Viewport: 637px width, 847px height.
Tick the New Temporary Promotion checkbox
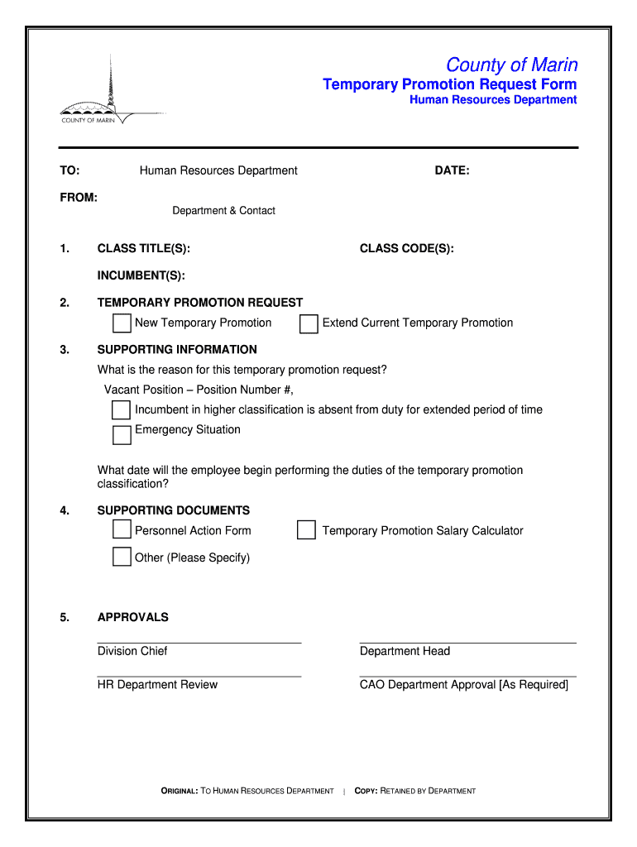122,323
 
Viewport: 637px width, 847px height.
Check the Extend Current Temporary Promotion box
309,323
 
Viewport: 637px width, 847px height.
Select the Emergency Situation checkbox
122,434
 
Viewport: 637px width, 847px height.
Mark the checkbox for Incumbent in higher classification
122,410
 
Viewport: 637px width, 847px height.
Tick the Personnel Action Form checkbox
122,530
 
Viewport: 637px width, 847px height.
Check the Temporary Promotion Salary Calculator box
307,530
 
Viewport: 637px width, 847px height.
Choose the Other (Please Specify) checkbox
122,557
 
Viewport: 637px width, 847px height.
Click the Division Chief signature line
199,641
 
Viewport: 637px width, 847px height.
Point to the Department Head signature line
467,641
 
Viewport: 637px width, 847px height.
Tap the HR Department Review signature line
199,675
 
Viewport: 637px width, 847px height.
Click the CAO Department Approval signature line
467,675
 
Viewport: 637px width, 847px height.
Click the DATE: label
453,170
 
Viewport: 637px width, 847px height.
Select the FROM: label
79,197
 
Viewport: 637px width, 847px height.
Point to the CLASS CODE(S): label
406,249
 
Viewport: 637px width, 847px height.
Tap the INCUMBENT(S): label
141,275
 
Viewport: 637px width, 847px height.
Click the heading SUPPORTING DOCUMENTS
173,510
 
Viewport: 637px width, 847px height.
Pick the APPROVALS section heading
132,617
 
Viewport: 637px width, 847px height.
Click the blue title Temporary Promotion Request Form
449,84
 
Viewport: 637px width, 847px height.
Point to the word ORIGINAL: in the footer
179,791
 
